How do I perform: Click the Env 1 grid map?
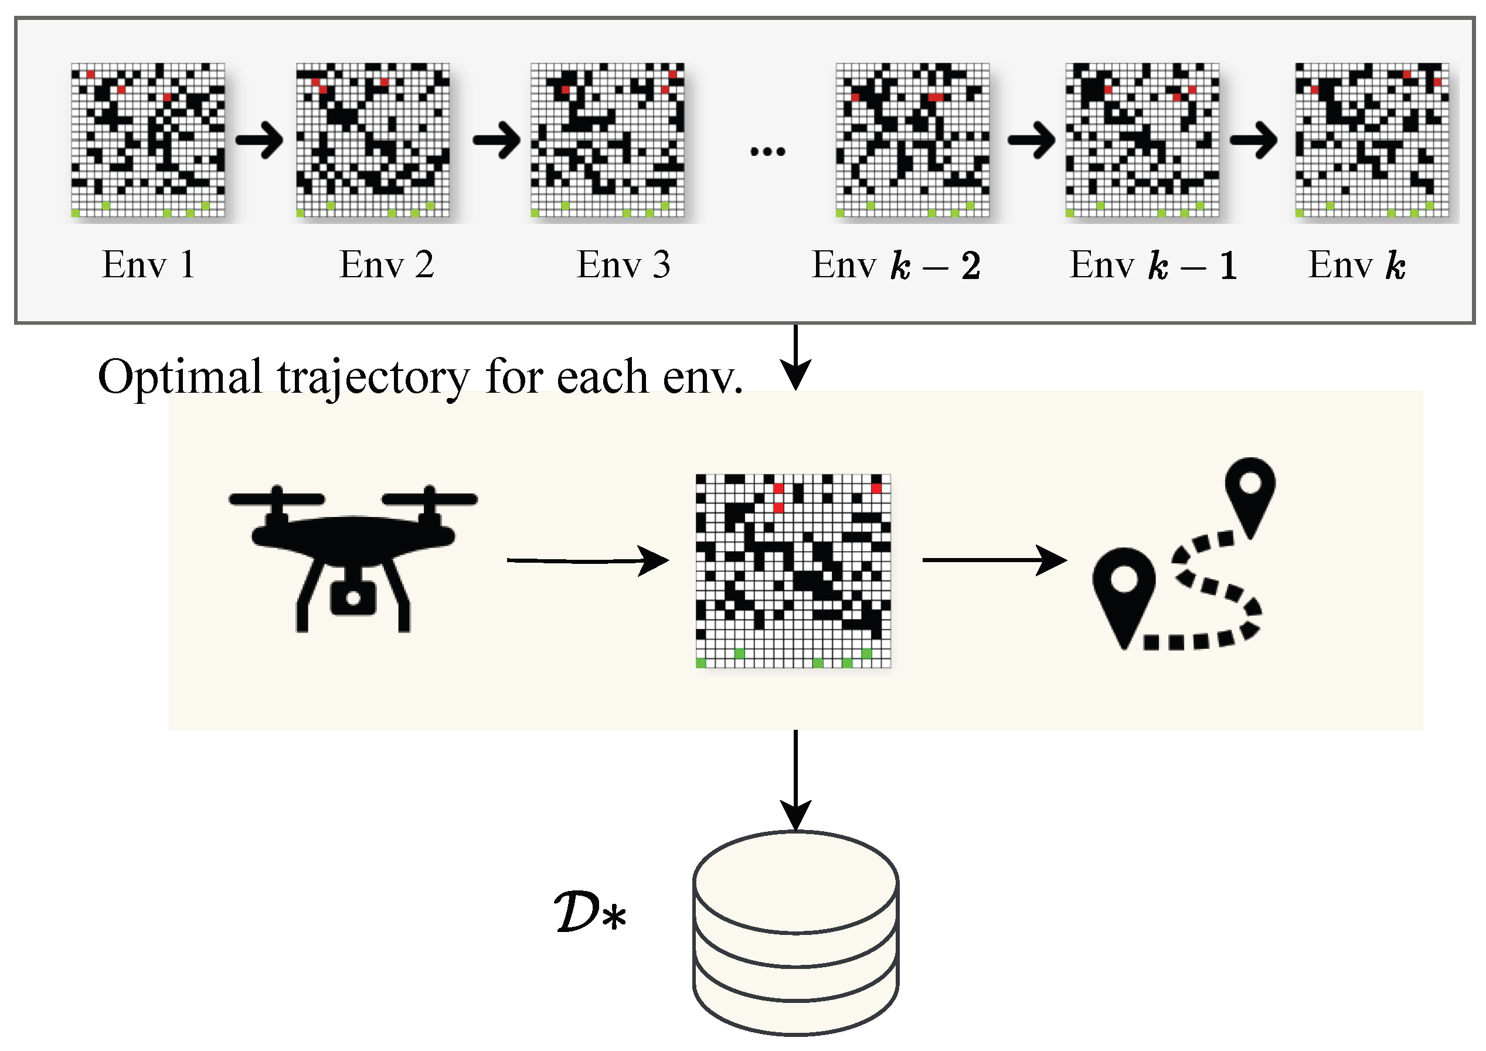pyautogui.click(x=148, y=140)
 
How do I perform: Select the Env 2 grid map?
pyautogui.click(x=373, y=140)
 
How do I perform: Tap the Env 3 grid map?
pyautogui.click(x=607, y=140)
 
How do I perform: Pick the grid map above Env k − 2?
pyautogui.click(x=913, y=140)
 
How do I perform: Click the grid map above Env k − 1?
pyautogui.click(x=1142, y=140)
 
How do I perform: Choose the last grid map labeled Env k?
pyautogui.click(x=1372, y=140)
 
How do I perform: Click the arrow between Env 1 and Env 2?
pyautogui.click(x=260, y=140)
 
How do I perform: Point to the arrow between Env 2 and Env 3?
pyautogui.click(x=497, y=140)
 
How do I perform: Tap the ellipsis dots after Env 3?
pyautogui.click(x=767, y=152)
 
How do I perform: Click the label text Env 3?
pyautogui.click(x=623, y=265)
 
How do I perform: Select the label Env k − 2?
pyautogui.click(x=896, y=265)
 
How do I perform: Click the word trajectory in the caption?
pyautogui.click(x=373, y=377)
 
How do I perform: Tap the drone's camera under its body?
pyautogui.click(x=353, y=597)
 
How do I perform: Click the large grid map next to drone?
pyautogui.click(x=794, y=571)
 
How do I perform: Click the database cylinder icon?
pyautogui.click(x=795, y=933)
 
